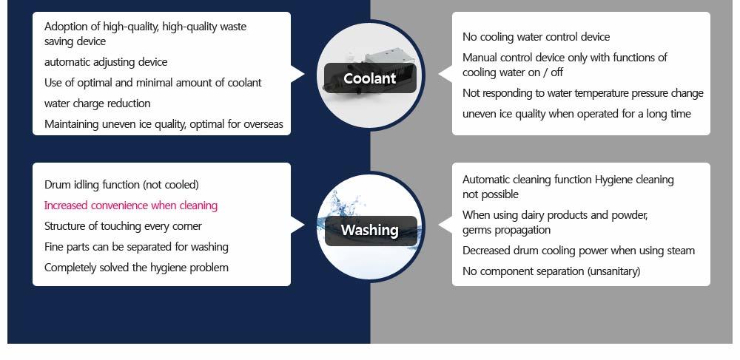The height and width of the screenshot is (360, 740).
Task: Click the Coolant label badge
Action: click(x=370, y=78)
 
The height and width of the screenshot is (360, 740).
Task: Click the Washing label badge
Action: click(x=371, y=231)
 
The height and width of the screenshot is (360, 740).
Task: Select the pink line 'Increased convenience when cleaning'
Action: click(x=131, y=206)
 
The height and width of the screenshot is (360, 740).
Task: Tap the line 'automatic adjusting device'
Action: click(x=106, y=62)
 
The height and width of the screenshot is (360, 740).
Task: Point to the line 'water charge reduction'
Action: click(x=97, y=103)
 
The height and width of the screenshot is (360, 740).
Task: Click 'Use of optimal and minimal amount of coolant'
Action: click(x=153, y=83)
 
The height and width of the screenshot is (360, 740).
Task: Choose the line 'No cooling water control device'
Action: click(x=536, y=37)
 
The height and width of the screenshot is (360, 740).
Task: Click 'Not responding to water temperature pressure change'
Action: click(x=583, y=93)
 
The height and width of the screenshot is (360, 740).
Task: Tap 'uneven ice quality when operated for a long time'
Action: click(x=576, y=114)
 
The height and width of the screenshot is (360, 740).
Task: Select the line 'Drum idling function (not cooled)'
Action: click(x=121, y=185)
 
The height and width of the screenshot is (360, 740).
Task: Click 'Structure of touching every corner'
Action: click(x=123, y=226)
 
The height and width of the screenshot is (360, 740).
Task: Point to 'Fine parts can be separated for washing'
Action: click(x=136, y=247)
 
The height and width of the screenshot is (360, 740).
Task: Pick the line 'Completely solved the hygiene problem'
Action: click(x=136, y=268)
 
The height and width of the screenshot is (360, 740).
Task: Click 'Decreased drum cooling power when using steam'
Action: click(x=579, y=251)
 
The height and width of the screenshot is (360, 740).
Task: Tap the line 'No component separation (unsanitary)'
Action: click(x=551, y=271)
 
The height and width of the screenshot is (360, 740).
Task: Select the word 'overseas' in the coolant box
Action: click(x=263, y=124)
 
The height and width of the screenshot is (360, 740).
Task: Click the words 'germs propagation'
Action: click(x=506, y=231)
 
